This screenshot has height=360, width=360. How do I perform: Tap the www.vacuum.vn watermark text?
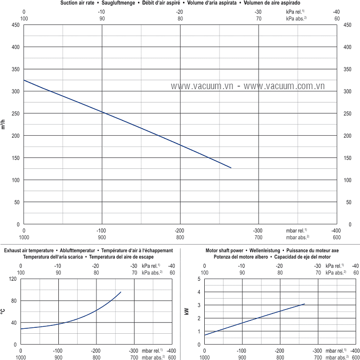202,86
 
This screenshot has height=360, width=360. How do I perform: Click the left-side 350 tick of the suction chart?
16,69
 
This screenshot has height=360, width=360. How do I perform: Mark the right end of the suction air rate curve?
231,168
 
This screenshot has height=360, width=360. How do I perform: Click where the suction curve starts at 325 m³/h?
24,80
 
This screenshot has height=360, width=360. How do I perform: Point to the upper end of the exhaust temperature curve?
121,292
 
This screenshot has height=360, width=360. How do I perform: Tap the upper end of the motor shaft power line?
305,304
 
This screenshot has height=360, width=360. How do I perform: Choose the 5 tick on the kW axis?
199,279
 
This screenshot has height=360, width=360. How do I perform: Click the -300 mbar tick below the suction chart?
258,230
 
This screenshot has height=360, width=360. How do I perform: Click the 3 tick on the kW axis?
199,305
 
